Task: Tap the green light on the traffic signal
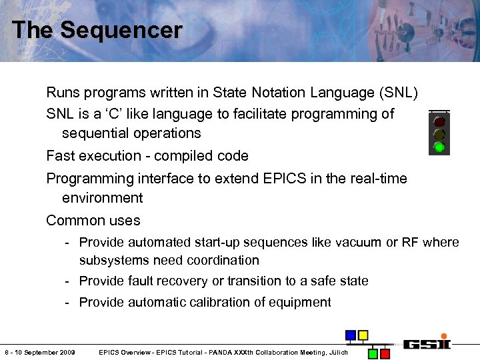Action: (x=439, y=147)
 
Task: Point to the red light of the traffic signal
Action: (x=439, y=122)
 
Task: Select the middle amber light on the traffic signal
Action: (x=439, y=134)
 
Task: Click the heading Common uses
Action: (x=93, y=221)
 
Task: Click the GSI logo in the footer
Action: (x=426, y=344)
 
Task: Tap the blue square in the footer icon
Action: (x=351, y=335)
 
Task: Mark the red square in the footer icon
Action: (x=386, y=353)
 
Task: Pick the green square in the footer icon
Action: (x=373, y=353)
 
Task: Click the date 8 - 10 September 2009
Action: (x=40, y=352)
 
